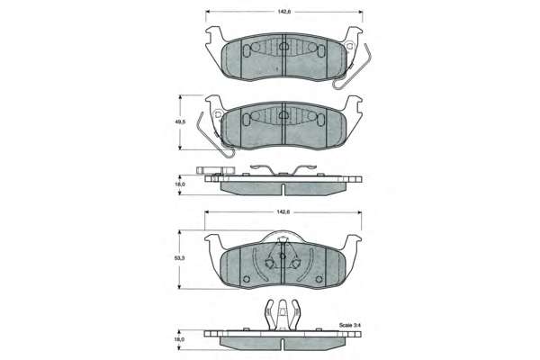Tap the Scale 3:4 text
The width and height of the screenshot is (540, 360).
pos(347,325)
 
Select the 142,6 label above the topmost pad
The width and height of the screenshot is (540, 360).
pos(284,12)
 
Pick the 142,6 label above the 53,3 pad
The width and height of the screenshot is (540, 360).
pos(283,211)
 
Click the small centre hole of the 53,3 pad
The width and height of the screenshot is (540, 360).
pos(283,256)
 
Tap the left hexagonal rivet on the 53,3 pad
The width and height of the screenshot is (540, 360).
pos(269,264)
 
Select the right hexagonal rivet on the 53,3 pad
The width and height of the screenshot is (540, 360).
pos(295,264)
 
